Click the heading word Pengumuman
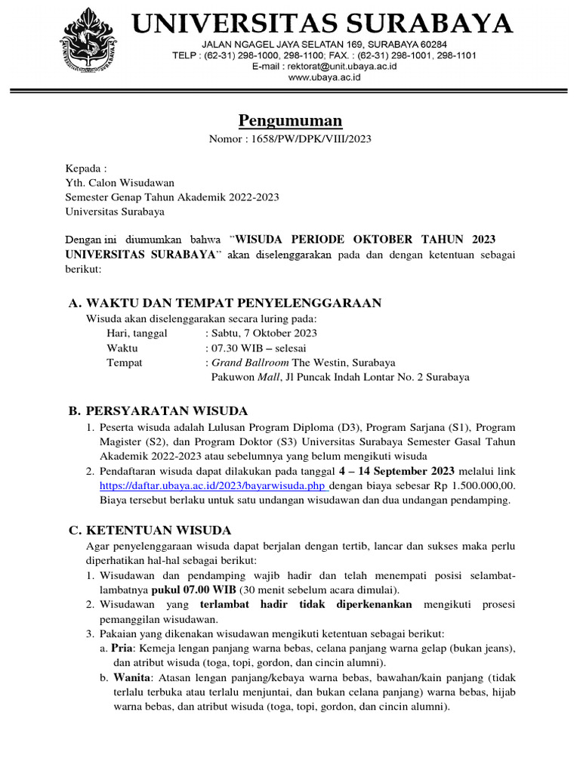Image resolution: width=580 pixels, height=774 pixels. [290, 120]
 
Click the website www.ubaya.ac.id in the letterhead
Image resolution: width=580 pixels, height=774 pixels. [324, 77]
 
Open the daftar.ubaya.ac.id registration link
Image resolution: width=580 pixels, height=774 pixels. [215, 486]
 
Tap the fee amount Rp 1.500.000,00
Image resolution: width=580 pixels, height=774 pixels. [474, 486]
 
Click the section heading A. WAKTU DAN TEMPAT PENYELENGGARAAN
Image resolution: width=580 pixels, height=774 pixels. [224, 303]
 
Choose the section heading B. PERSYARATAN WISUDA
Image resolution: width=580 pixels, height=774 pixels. [158, 411]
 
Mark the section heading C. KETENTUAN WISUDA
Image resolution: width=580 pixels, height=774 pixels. [150, 530]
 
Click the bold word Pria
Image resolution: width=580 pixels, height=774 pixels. [122, 648]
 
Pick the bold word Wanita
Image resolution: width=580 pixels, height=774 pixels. [130, 678]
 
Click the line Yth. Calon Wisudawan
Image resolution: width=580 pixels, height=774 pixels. [120, 182]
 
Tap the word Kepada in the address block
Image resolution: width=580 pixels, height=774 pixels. [84, 168]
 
